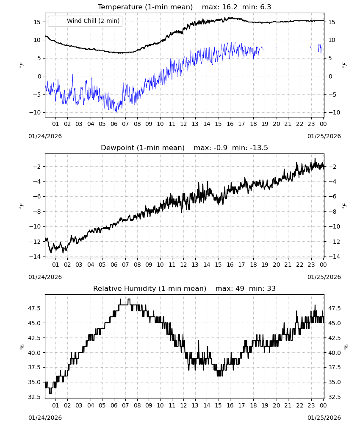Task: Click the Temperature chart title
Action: [x=145, y=7]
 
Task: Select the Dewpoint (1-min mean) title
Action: [x=143, y=148]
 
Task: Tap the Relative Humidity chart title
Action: [x=150, y=288]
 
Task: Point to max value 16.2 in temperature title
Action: [x=230, y=7]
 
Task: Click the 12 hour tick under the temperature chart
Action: [x=183, y=124]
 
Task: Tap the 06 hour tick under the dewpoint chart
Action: [x=114, y=265]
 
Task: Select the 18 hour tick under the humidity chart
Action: [x=253, y=405]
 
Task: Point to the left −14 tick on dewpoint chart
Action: [x=37, y=257]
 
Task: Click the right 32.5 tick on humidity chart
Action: [x=334, y=397]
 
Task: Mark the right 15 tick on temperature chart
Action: [x=331, y=22]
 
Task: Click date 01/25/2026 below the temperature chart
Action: [x=324, y=136]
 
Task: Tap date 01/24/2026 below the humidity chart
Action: [x=45, y=418]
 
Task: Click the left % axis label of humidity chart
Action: [x=22, y=347]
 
